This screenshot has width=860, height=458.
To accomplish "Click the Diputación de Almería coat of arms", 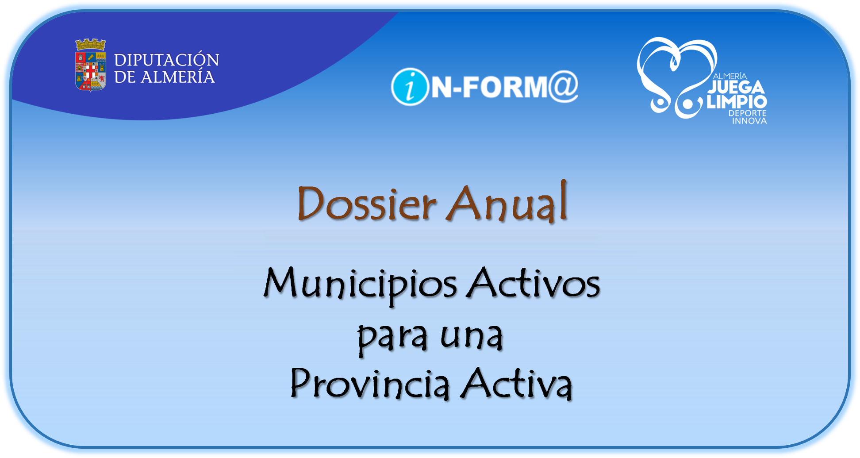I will point(90,65).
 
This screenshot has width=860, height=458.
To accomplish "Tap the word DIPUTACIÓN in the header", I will point(166,60).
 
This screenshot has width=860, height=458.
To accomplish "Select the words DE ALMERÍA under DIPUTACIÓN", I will point(165,77).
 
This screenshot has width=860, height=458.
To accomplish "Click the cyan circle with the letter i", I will point(410,87).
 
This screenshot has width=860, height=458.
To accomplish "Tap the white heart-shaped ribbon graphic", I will point(672,75).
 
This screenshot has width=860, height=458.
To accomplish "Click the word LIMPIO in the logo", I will point(737,102).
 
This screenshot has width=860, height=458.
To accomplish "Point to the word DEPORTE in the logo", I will point(747,113).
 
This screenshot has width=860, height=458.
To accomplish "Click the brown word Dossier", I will point(367,204).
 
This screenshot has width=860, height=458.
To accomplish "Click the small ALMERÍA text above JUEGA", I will point(730,77).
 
